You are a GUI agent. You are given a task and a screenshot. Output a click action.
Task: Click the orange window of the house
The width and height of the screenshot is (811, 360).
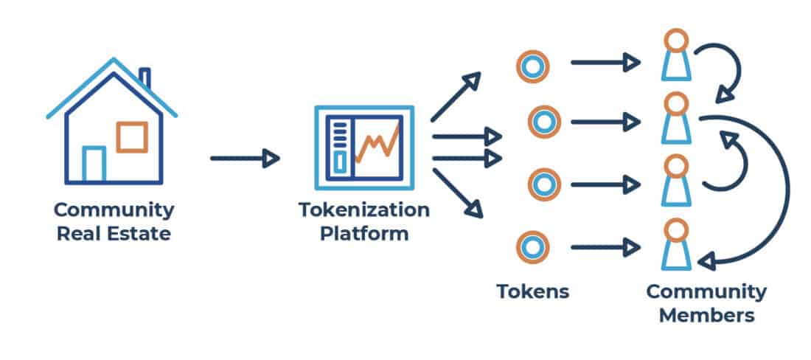tap(132, 136)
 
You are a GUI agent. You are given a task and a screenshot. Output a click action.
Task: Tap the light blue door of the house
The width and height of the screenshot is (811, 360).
tap(94, 164)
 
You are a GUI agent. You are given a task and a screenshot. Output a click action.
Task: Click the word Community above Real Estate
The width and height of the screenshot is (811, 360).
tap(114, 210)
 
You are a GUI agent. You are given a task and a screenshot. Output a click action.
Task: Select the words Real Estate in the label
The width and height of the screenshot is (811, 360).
tap(114, 235)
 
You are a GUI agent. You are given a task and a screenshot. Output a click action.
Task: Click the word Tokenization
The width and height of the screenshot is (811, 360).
tap(364, 210)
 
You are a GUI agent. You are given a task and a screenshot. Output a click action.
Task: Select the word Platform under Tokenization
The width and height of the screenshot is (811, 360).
tap(364, 235)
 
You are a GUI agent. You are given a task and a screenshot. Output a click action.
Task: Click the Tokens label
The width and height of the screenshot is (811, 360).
tap(532, 291)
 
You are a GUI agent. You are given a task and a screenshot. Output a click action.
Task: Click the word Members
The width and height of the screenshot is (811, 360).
tap(706, 316)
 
